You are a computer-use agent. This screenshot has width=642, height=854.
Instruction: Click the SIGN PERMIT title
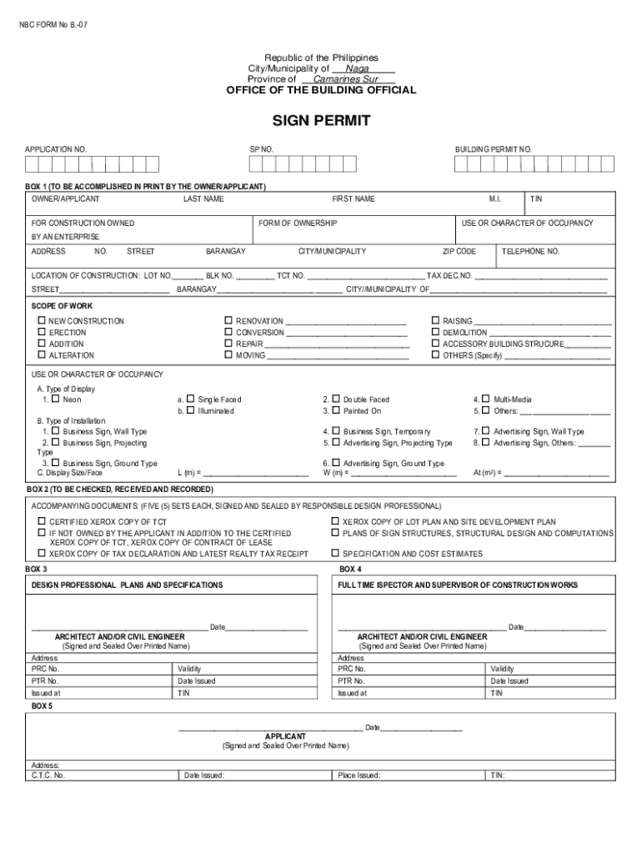coord(321,122)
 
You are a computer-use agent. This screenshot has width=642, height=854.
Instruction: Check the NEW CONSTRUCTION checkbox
coord(40,321)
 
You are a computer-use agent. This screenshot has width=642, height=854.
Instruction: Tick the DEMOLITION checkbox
coord(435,332)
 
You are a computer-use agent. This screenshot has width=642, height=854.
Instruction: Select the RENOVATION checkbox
coord(228,321)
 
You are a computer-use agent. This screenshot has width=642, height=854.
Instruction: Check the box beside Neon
coord(55,399)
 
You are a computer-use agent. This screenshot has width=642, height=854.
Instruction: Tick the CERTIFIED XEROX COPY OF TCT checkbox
coord(40,521)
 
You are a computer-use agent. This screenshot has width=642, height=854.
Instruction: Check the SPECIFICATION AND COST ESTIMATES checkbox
coord(334,553)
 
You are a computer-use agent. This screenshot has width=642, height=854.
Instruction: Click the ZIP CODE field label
coord(459,251)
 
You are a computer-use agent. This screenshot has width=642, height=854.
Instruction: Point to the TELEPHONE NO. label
coord(530,251)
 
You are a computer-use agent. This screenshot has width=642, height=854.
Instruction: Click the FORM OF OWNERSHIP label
coord(298,224)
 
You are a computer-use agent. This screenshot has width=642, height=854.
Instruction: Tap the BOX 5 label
coord(42,706)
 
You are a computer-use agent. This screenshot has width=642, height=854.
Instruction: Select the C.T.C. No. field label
coord(48,775)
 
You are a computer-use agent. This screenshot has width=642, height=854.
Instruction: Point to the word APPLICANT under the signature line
coord(285,736)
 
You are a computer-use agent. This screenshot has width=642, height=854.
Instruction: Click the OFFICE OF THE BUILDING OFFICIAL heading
coord(321,90)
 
